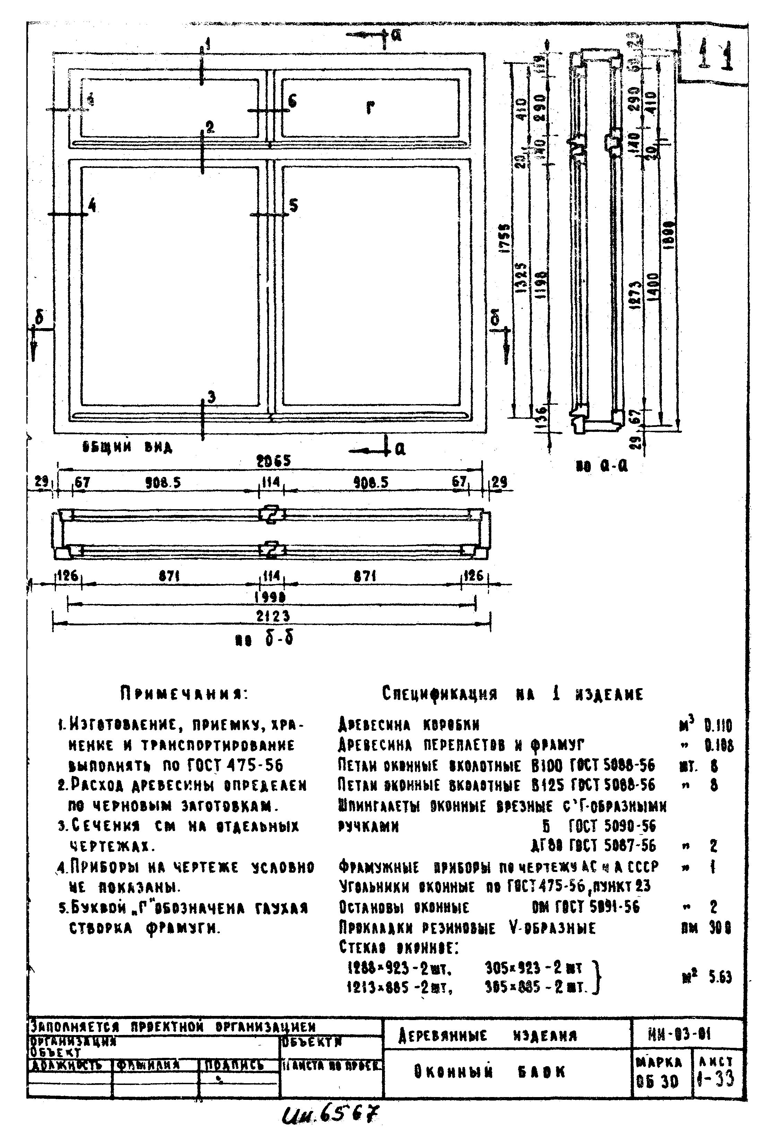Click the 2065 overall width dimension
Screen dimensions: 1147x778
[273, 461]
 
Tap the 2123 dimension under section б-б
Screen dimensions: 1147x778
[273, 616]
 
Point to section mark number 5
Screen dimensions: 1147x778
[294, 205]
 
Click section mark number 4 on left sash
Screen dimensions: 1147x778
[92, 205]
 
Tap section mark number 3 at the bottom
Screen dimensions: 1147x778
[211, 396]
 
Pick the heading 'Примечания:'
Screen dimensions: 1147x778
[184, 694]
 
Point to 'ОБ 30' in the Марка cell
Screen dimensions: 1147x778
[657, 1082]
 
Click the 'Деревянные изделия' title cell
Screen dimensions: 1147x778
[487, 1035]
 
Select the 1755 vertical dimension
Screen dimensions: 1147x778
[506, 238]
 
